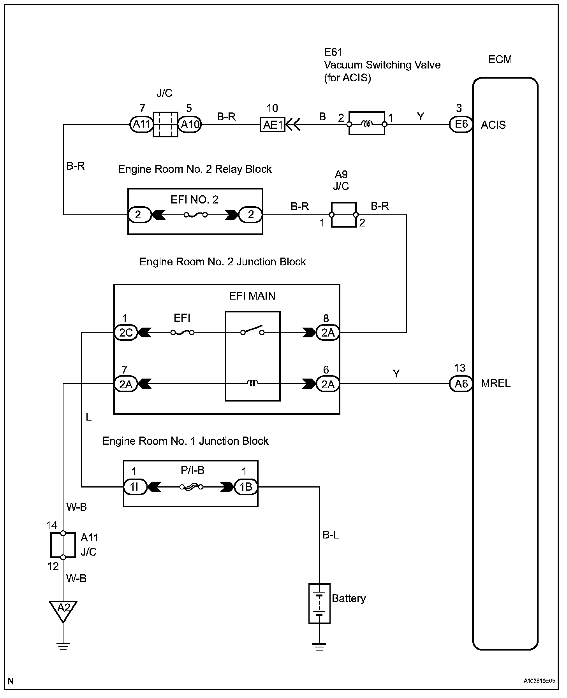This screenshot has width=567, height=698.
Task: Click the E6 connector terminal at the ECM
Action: pos(461,124)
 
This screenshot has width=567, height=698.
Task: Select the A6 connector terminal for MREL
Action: pos(461,384)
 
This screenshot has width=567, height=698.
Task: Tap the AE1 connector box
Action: pos(273,125)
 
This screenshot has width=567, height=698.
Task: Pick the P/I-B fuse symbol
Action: pos(191,487)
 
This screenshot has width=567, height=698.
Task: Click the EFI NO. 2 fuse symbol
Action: pos(195,214)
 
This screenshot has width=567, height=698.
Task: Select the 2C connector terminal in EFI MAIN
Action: pos(126,333)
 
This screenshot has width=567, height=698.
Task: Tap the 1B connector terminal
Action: pos(246,487)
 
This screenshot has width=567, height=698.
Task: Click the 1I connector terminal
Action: pos(135,487)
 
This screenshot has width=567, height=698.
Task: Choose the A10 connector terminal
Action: pos(190,125)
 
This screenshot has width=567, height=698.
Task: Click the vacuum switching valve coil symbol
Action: pos(367,124)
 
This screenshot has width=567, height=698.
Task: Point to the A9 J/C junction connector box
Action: pos(343,214)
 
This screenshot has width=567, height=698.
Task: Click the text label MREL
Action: pos(496,384)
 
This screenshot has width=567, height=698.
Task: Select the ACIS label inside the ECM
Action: pos(493,125)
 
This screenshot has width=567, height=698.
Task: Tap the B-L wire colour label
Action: pos(331,535)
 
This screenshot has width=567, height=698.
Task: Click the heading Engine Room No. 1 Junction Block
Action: pos(185,441)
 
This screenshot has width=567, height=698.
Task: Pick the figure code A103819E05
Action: pos(539,681)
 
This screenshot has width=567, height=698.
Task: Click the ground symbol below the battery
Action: pos(319,647)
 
